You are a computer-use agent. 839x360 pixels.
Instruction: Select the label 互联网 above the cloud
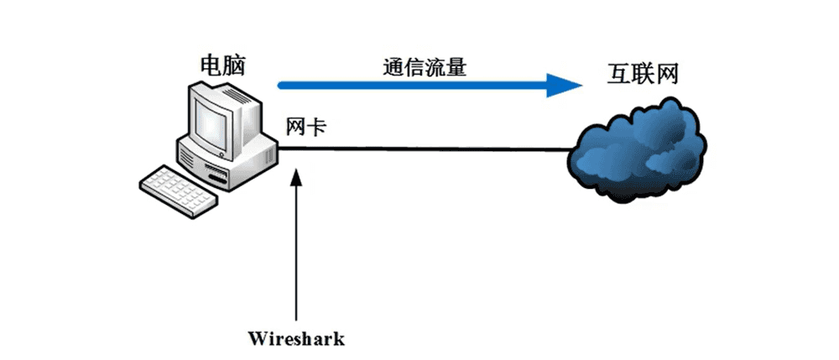(x=642, y=73)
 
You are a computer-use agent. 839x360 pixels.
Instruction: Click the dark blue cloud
(x=639, y=148)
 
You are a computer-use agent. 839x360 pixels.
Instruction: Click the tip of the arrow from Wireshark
(x=295, y=170)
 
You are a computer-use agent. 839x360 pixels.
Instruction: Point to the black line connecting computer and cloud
(x=428, y=149)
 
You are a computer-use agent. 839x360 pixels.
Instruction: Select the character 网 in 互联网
(x=666, y=73)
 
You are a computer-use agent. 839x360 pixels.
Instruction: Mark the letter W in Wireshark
(x=257, y=339)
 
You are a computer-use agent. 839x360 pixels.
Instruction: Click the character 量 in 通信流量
(x=454, y=67)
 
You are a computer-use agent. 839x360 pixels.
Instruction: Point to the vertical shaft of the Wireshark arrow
(x=295, y=252)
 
